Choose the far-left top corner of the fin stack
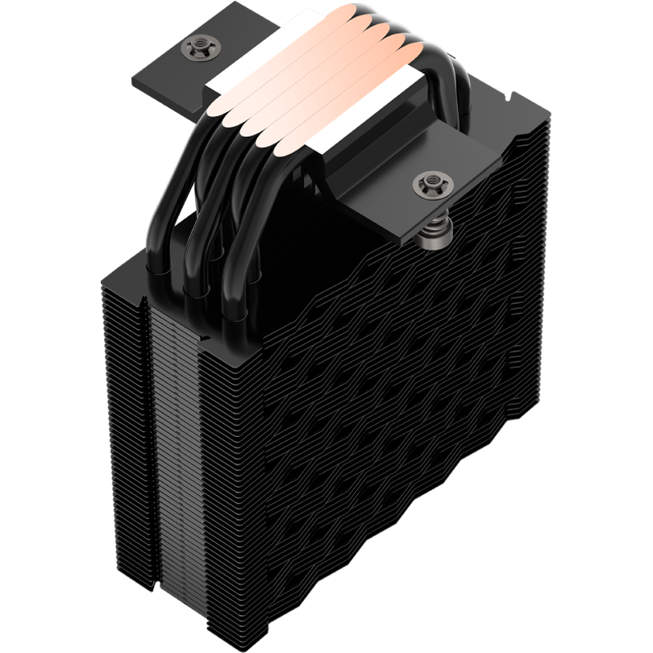click(x=105, y=274)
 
